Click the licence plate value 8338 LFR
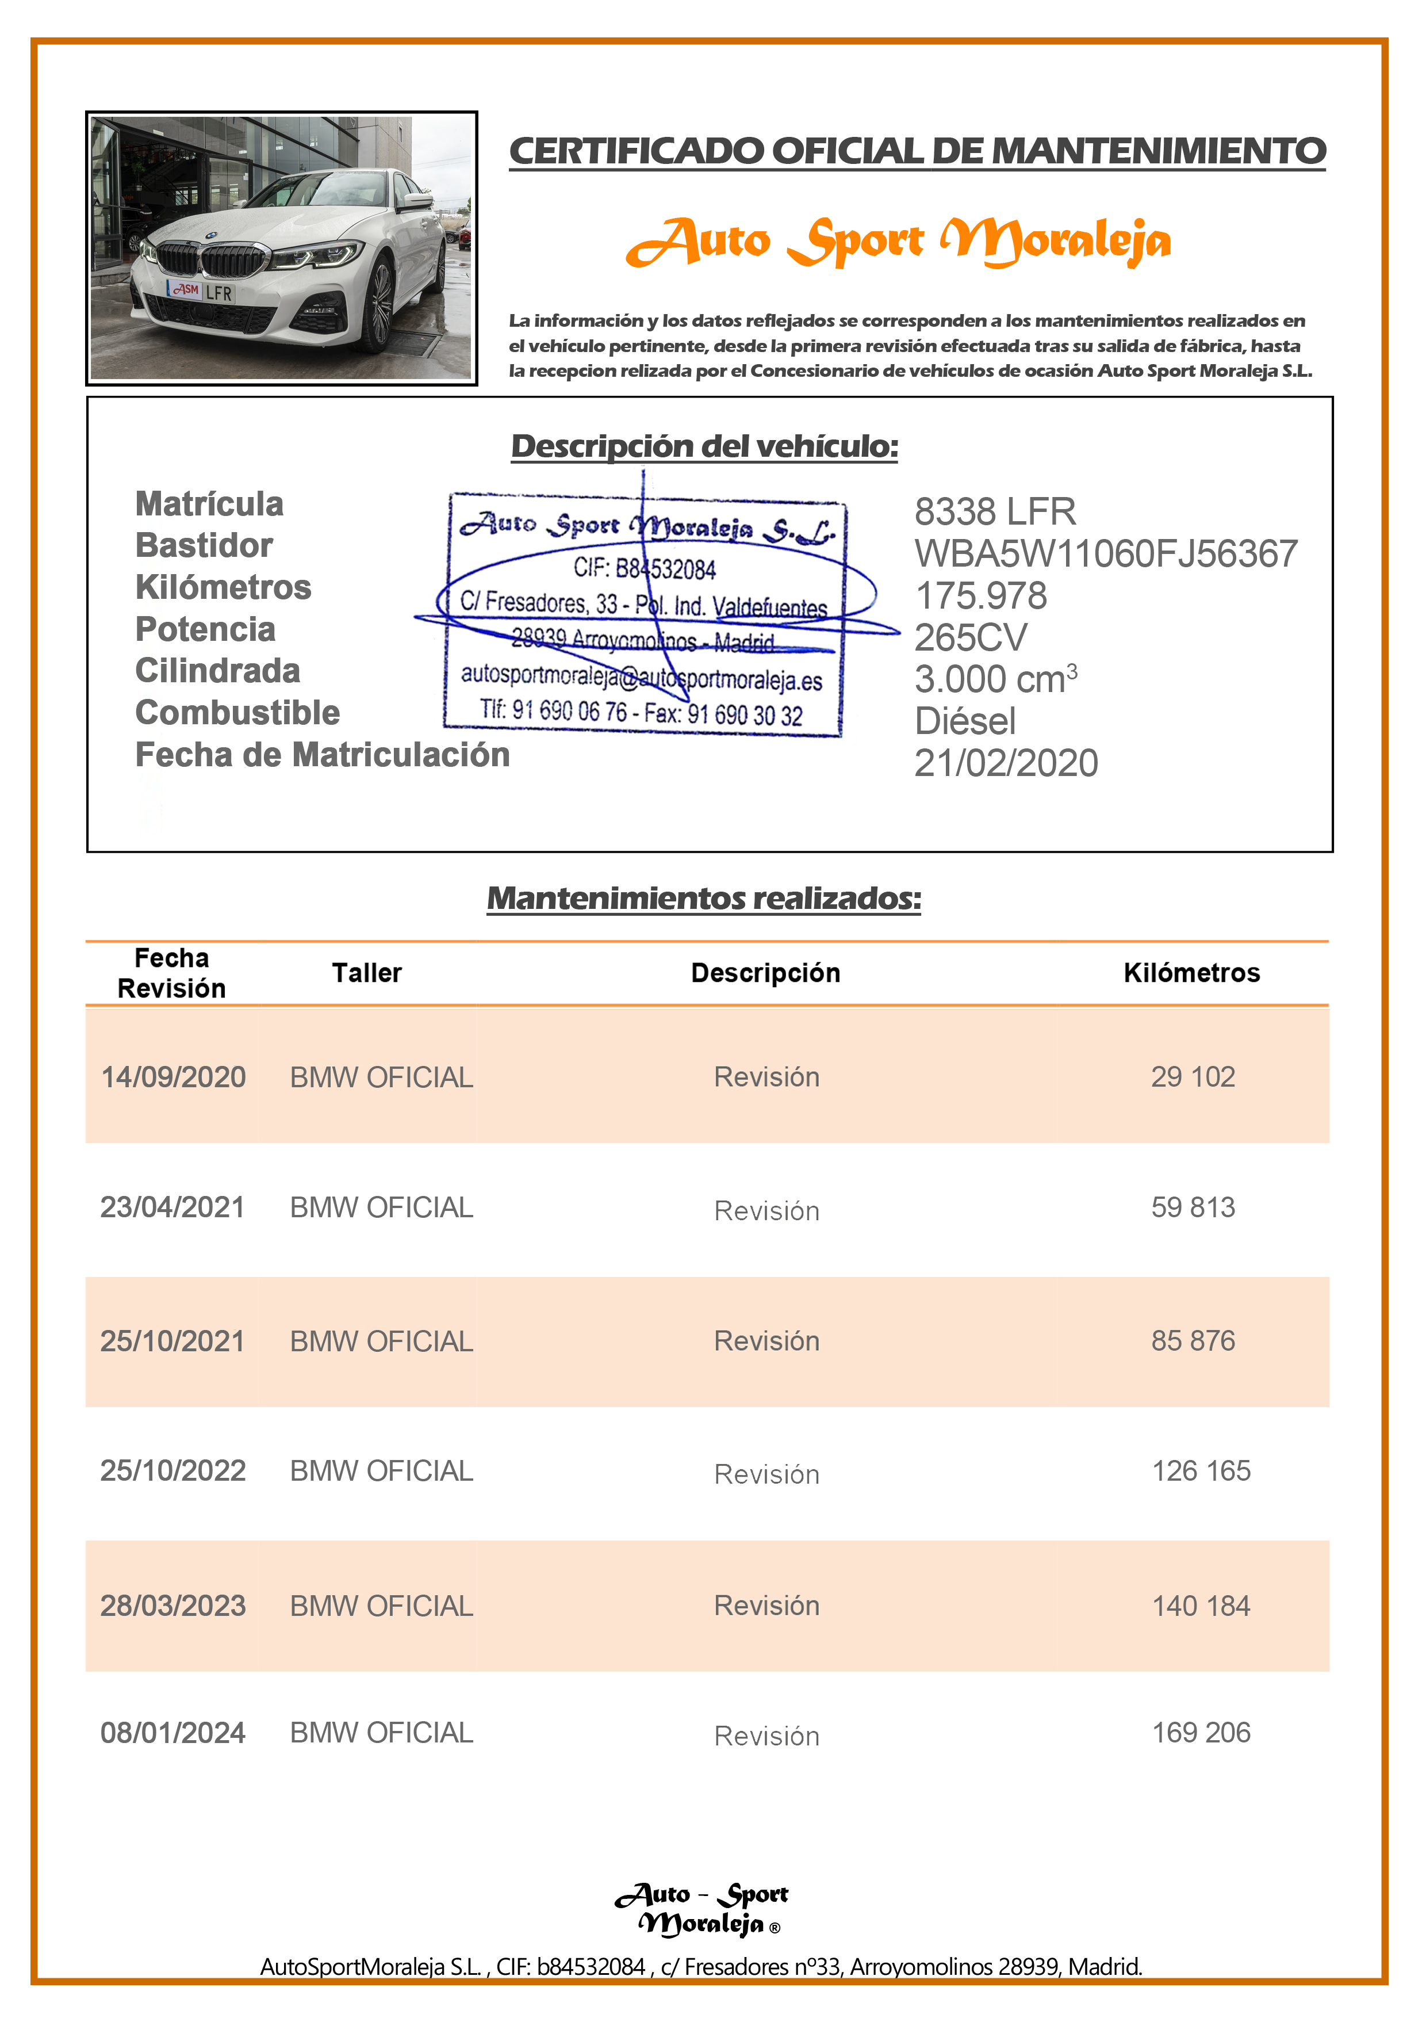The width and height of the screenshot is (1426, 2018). (x=995, y=511)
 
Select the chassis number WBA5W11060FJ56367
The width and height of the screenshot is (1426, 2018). (x=1105, y=554)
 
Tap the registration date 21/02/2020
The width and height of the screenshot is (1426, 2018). (x=1006, y=763)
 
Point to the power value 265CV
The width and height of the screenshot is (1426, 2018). (x=970, y=637)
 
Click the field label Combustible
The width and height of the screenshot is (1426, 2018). (x=237, y=713)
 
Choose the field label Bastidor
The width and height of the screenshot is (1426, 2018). (x=204, y=546)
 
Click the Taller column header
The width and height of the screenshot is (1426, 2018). (x=366, y=973)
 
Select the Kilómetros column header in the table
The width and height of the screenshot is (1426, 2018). (x=1191, y=973)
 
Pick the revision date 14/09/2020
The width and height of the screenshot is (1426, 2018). (x=173, y=1077)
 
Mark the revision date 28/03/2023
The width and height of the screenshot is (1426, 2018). (x=173, y=1606)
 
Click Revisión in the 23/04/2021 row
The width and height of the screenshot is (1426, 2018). (x=766, y=1210)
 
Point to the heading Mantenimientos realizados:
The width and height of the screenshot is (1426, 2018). (x=704, y=898)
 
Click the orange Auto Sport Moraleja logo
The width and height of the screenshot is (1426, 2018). (x=898, y=241)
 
